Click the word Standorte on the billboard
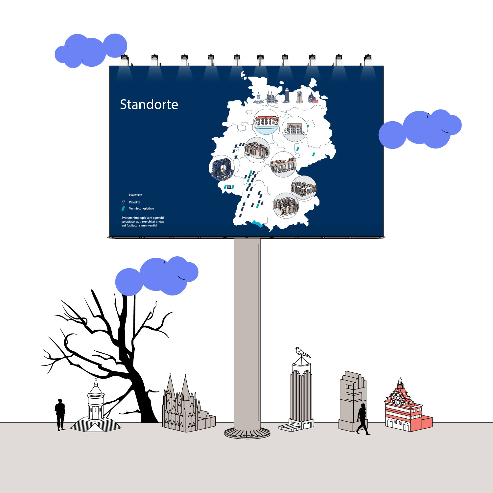(x=149, y=105)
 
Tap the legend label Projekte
(x=135, y=202)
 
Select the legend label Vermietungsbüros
(x=141, y=208)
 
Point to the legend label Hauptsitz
(x=135, y=195)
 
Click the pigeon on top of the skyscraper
(x=302, y=352)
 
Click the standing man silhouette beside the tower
(x=60, y=414)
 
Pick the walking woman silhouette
(x=363, y=419)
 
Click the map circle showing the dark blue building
(x=222, y=168)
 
